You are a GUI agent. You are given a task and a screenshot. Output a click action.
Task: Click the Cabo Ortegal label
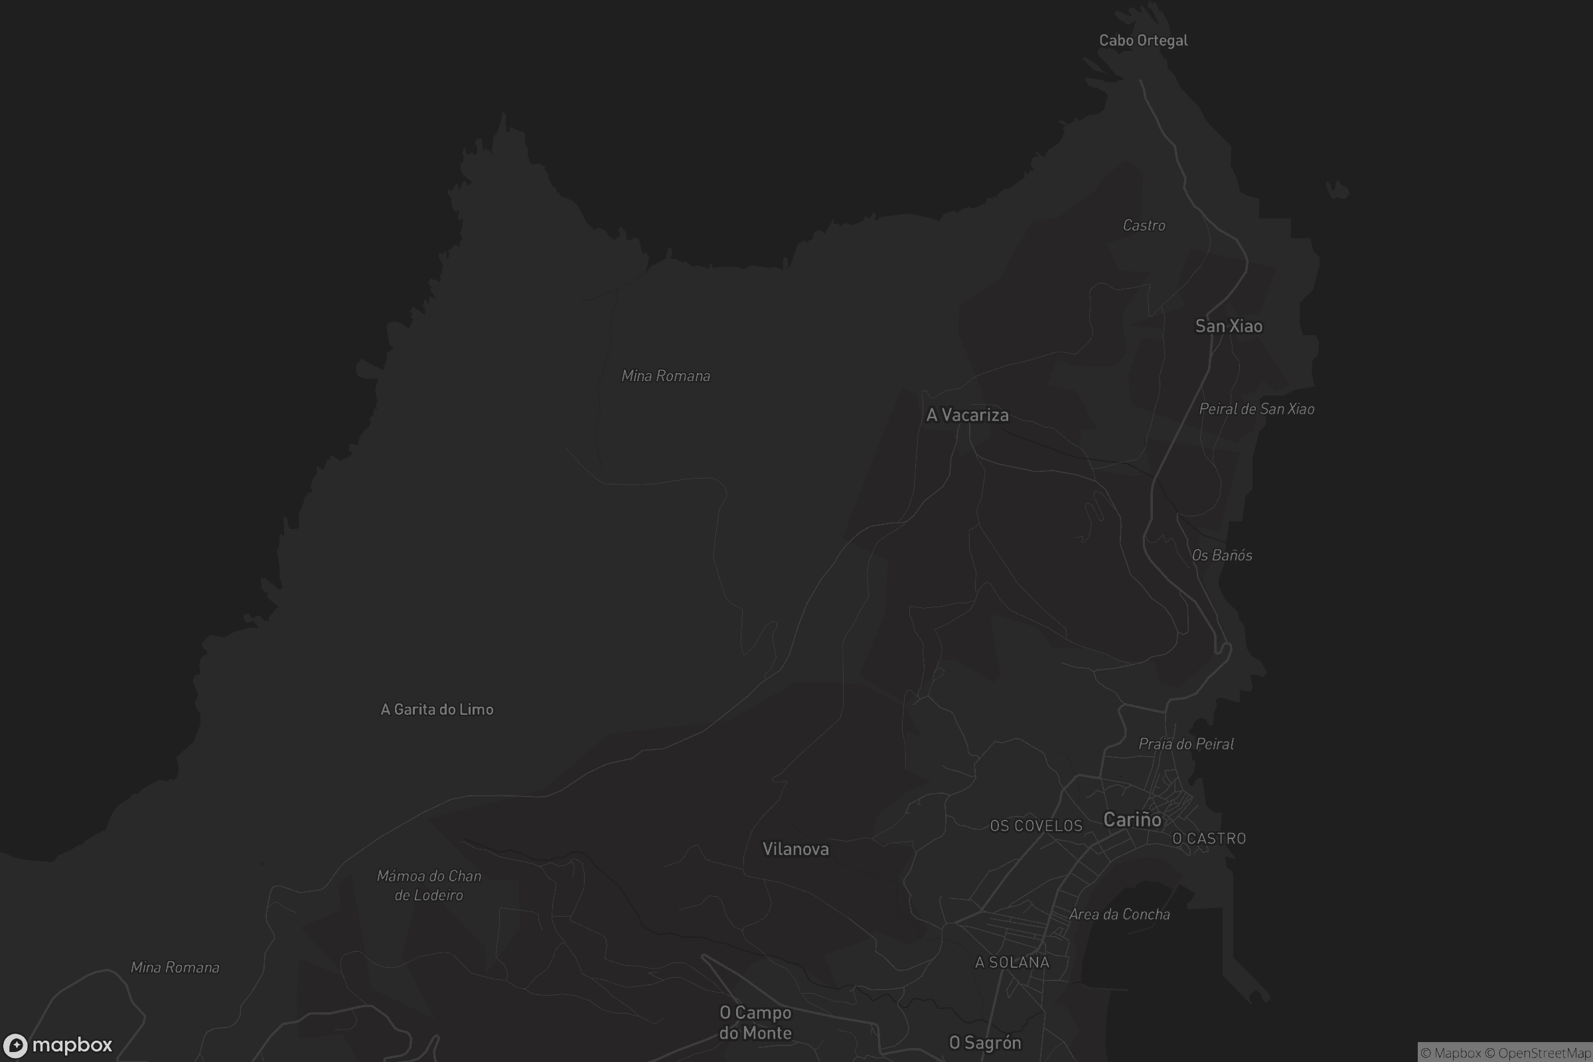click(x=1143, y=40)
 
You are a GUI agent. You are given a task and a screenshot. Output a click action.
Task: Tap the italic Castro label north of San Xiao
click(x=1144, y=226)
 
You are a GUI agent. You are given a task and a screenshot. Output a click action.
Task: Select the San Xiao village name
click(x=1229, y=327)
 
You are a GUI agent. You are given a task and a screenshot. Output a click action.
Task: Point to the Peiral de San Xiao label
click(x=1256, y=409)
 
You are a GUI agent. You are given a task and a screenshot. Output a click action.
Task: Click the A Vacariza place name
click(x=967, y=416)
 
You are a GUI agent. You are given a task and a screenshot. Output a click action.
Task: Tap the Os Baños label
click(x=1222, y=556)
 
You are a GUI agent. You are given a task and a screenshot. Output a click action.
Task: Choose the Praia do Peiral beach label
click(x=1186, y=744)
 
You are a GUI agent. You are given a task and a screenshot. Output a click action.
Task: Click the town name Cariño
click(x=1132, y=820)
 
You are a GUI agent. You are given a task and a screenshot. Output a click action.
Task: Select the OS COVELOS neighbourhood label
click(x=1036, y=826)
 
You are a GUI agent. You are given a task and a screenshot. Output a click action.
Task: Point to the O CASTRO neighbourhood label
click(x=1209, y=838)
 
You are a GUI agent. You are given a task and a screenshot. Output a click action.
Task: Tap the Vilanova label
click(x=796, y=850)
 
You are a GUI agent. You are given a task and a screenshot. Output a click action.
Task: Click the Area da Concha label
click(x=1120, y=915)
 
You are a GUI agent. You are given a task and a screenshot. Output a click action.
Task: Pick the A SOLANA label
click(x=1012, y=962)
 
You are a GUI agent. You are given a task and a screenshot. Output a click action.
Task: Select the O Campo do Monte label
click(x=755, y=1023)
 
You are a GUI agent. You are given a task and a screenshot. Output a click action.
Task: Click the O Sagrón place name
click(x=985, y=1043)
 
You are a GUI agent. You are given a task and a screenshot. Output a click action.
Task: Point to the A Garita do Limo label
click(x=437, y=710)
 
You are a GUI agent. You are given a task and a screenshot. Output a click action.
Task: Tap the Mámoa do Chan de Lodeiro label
click(x=429, y=886)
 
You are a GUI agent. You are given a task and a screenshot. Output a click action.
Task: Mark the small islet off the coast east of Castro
click(x=1337, y=190)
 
